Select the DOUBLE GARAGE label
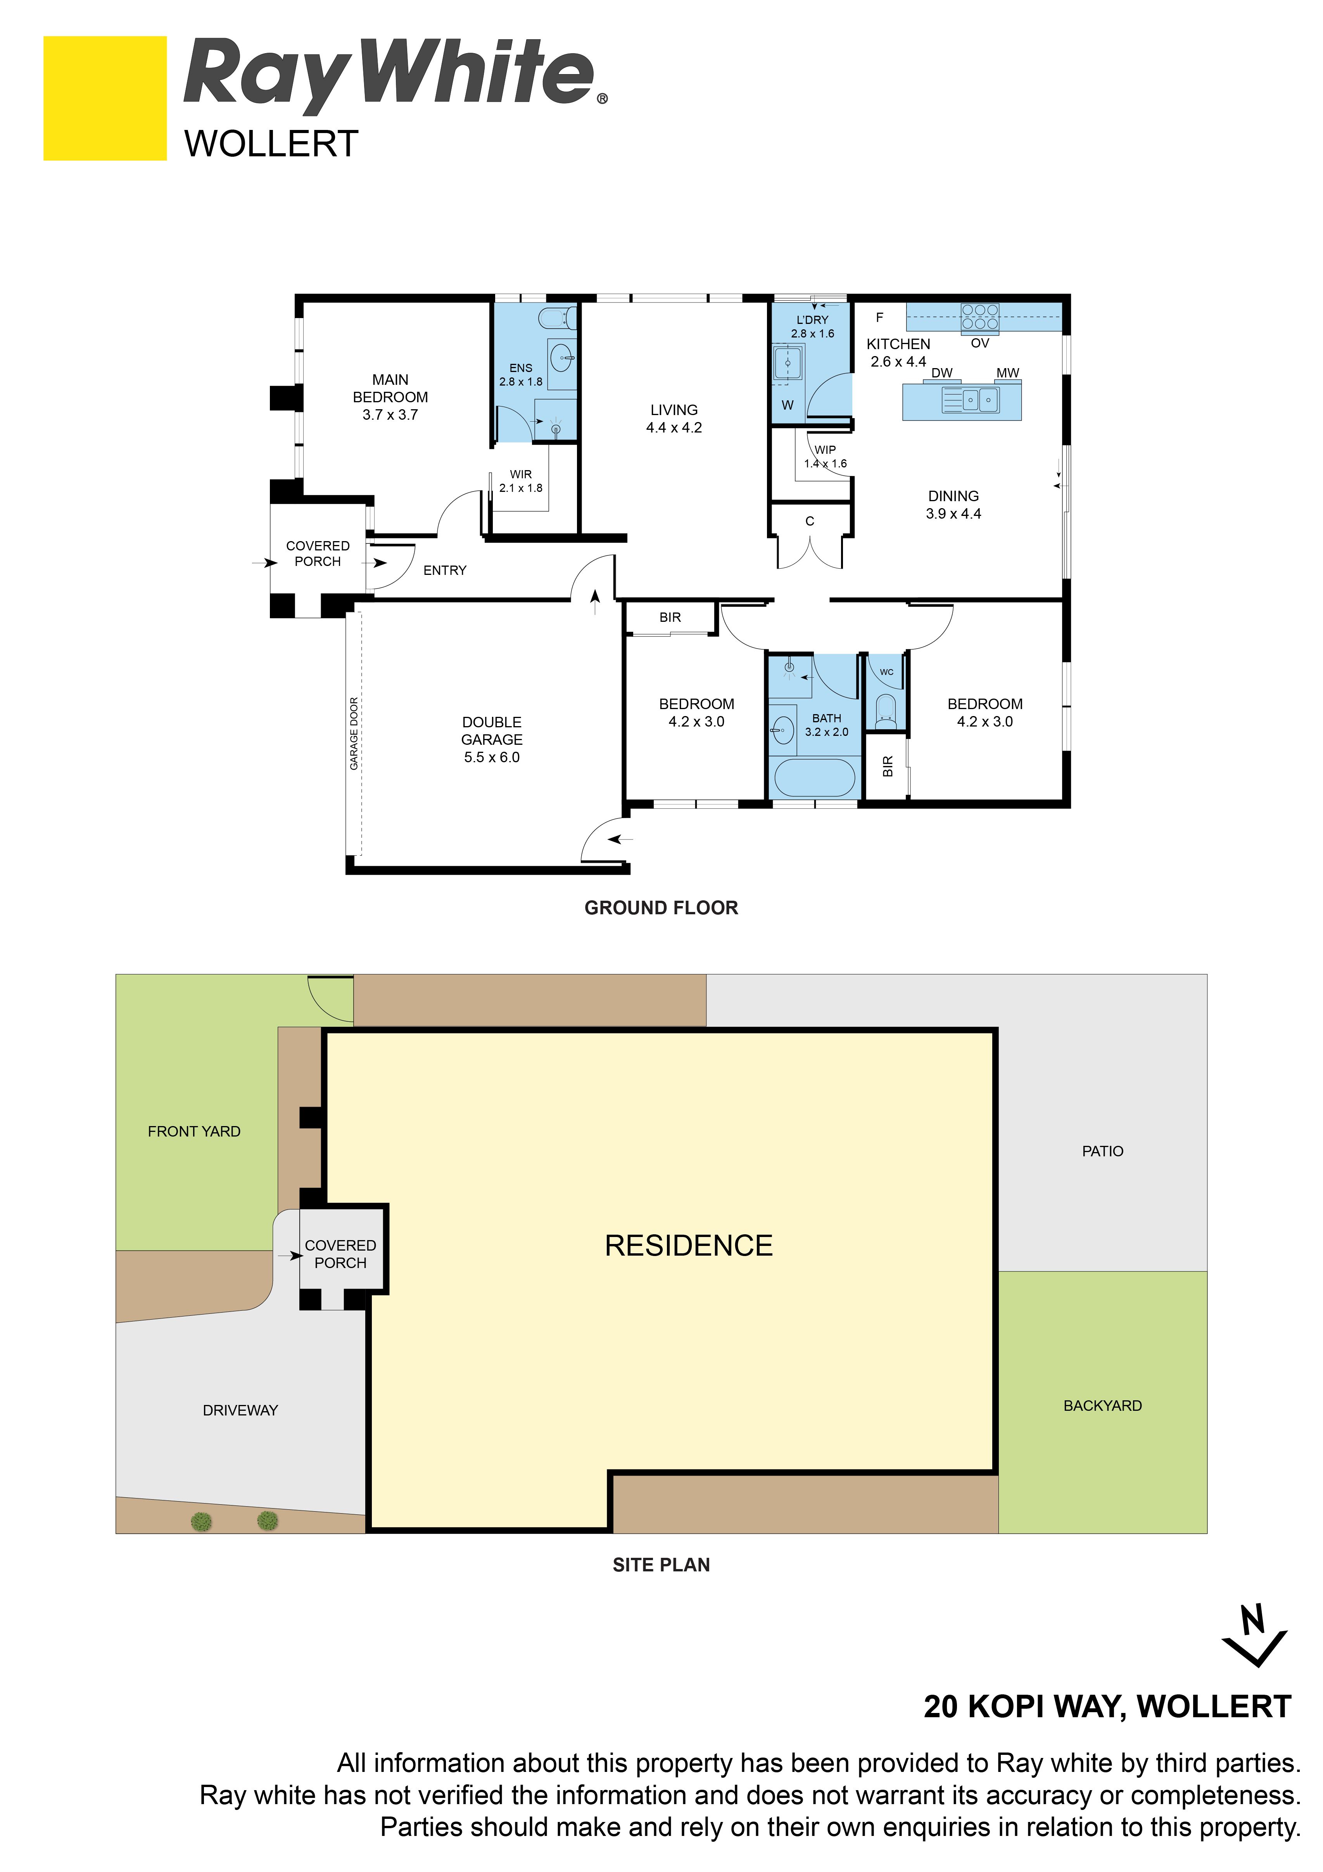[492, 739]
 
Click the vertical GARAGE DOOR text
[354, 734]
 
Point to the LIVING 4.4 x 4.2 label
[674, 418]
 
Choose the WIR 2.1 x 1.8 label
[521, 481]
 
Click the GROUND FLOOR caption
[661, 907]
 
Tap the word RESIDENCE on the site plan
[689, 1245]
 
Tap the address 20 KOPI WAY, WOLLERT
[1107, 1706]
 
